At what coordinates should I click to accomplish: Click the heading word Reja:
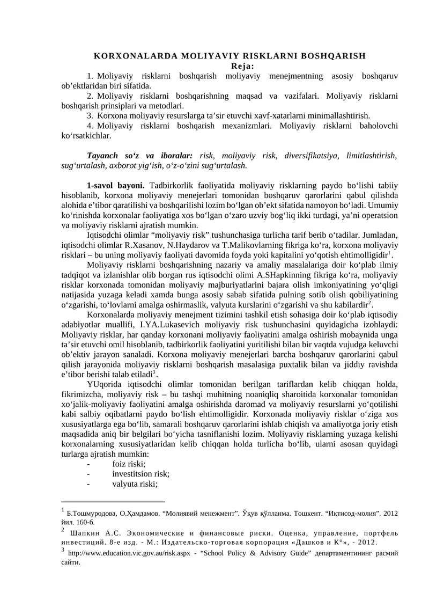242,66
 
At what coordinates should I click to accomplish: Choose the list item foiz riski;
129,464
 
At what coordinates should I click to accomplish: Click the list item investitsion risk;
140,474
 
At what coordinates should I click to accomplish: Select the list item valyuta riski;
135,484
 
